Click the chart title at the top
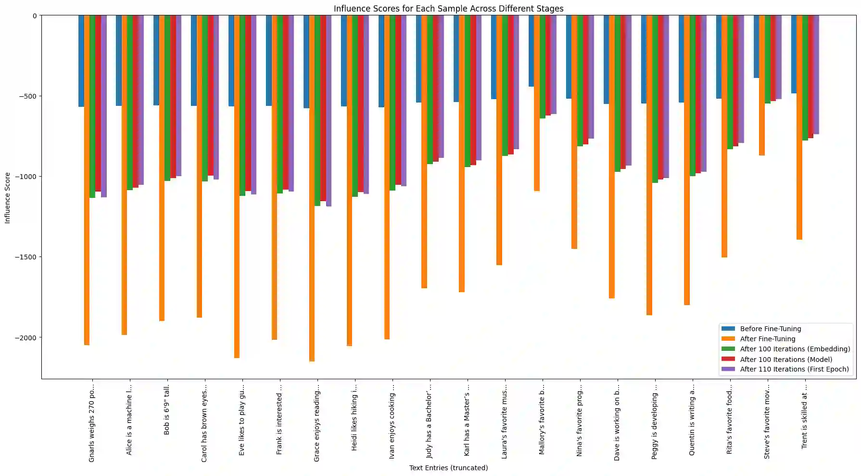pyautogui.click(x=448, y=9)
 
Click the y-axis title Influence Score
pyautogui.click(x=7, y=197)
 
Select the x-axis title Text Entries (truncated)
pyautogui.click(x=448, y=468)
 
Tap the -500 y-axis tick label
pyautogui.click(x=28, y=96)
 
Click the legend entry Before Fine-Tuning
pyautogui.click(x=770, y=329)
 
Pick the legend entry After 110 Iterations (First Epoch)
pyautogui.click(x=794, y=369)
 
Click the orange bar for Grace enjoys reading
pyautogui.click(x=312, y=188)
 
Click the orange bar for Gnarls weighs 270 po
pyautogui.click(x=87, y=180)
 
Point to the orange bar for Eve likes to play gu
pyautogui.click(x=237, y=186)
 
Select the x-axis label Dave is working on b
pyautogui.click(x=617, y=422)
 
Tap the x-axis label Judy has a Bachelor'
pyautogui.click(x=430, y=421)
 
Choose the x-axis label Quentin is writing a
pyautogui.click(x=692, y=420)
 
